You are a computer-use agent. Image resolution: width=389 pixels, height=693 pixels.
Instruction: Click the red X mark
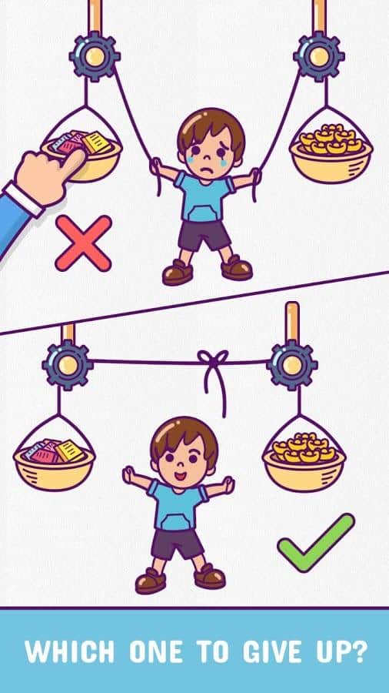click(83, 243)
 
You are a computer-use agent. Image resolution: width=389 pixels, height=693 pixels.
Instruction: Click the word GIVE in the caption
click(270, 651)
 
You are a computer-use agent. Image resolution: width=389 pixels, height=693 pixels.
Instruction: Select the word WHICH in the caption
click(70, 651)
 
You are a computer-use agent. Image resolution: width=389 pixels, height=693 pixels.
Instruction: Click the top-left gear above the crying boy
click(95, 56)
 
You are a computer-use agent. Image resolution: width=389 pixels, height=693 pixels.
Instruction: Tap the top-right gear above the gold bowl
click(319, 56)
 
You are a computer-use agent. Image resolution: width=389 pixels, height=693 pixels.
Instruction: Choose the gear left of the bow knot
click(68, 365)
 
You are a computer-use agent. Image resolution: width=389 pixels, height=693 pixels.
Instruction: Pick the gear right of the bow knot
click(292, 365)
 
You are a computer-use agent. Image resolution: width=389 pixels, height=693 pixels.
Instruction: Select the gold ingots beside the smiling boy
click(304, 447)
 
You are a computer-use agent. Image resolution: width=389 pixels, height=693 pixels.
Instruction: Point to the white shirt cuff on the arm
click(25, 199)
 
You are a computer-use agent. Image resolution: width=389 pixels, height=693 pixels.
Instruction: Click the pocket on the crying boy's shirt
click(203, 213)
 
